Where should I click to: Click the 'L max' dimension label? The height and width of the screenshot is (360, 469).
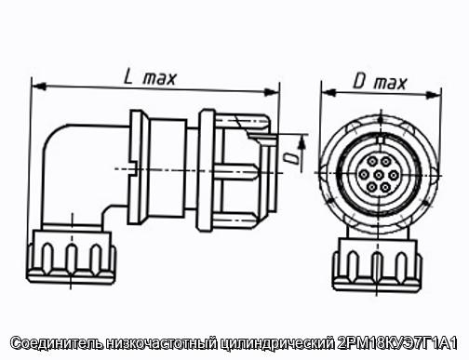tap(150, 77)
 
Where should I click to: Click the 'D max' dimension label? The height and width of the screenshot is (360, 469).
tap(380, 82)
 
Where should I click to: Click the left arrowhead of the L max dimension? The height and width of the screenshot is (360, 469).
tap(39, 87)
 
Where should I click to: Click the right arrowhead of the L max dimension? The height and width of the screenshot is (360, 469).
tap(271, 92)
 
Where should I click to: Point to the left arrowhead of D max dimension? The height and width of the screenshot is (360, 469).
tap(328, 92)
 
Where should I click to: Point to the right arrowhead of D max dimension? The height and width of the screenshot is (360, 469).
tap(434, 95)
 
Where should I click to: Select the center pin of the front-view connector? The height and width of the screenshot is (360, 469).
tap(378, 175)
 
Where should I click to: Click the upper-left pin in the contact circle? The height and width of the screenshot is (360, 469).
tap(371, 162)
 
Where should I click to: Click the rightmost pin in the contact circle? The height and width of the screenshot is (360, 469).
tap(394, 175)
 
